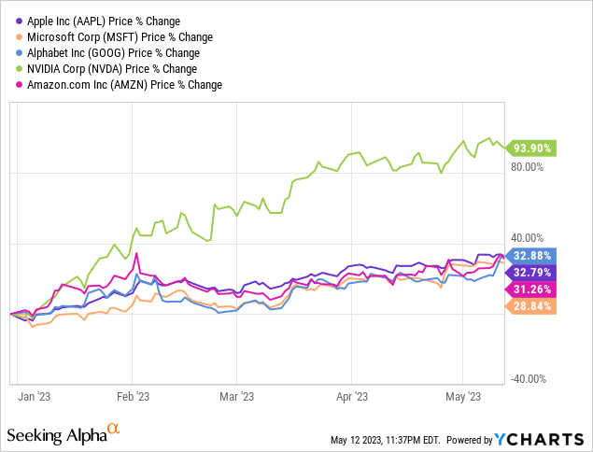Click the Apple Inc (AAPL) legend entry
pos(93,21)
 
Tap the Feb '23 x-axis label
pos(133,396)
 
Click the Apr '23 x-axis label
pos(350,396)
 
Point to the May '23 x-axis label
pos(463,396)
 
